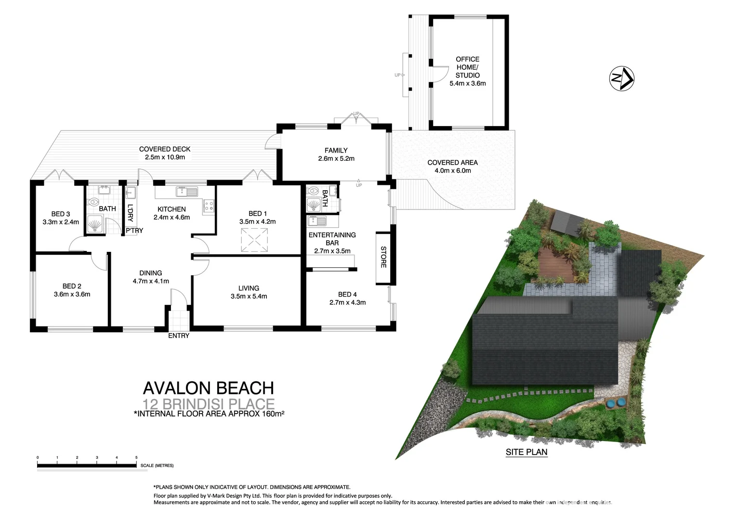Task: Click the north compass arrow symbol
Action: pos(622,78)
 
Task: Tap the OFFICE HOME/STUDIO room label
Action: pos(467,67)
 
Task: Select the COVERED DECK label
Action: pos(165,149)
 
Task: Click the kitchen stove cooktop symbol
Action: pos(209,206)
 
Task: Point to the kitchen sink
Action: pos(187,192)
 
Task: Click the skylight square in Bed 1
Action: pos(254,240)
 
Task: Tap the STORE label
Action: pos(384,257)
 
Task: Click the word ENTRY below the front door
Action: pos(179,336)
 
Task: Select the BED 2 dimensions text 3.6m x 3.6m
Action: pos(72,294)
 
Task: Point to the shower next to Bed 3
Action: pos(95,224)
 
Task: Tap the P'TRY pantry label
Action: pos(134,231)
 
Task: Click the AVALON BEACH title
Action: pos(208,388)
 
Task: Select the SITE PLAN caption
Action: pos(526,452)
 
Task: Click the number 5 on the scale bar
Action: pos(136,457)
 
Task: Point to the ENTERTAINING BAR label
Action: pos(332,239)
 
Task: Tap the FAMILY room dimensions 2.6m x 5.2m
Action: pos(336,158)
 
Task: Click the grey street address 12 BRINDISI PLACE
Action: pos(208,403)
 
